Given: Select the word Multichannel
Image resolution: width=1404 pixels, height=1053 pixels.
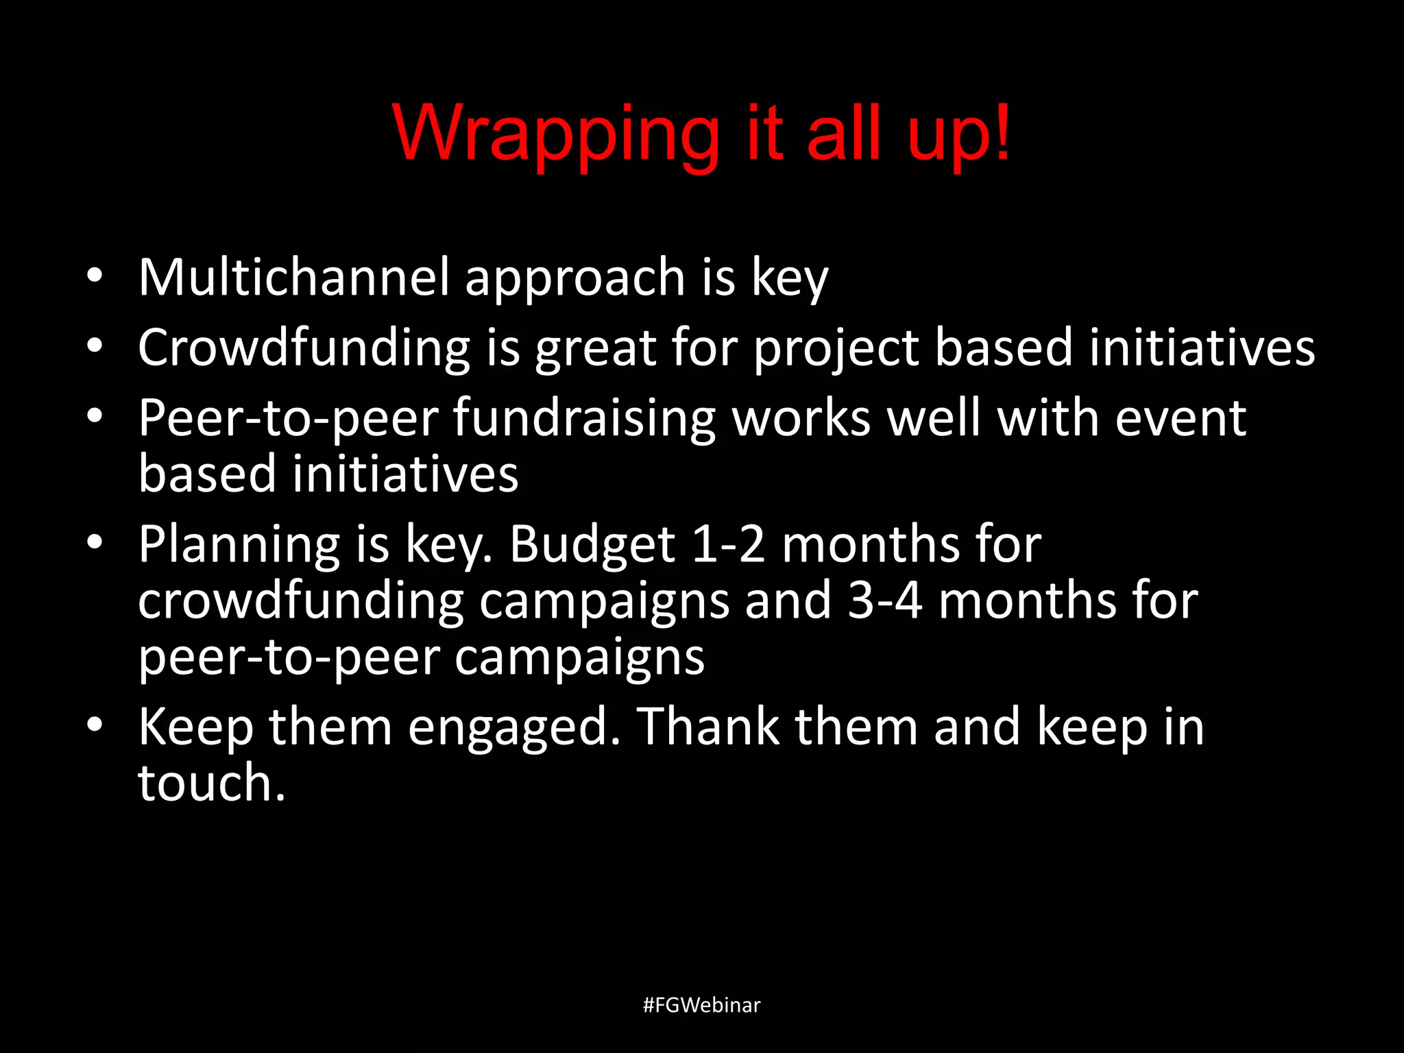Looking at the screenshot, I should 294,277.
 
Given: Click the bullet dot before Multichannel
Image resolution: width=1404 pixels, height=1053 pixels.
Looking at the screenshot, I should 95,276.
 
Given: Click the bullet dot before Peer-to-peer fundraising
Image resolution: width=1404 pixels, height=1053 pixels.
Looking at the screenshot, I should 95,415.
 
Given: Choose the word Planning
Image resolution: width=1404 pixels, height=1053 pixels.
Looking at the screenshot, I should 239,545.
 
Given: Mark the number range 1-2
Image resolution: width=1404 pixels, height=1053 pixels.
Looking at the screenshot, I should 728,545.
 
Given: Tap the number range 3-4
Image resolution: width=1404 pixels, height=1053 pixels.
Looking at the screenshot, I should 884,601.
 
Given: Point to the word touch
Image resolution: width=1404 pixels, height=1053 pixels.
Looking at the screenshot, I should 210,783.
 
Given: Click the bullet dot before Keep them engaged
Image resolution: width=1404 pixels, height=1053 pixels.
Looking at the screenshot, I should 95,725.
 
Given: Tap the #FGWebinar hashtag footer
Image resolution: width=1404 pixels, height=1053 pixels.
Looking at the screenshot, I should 701,1005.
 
